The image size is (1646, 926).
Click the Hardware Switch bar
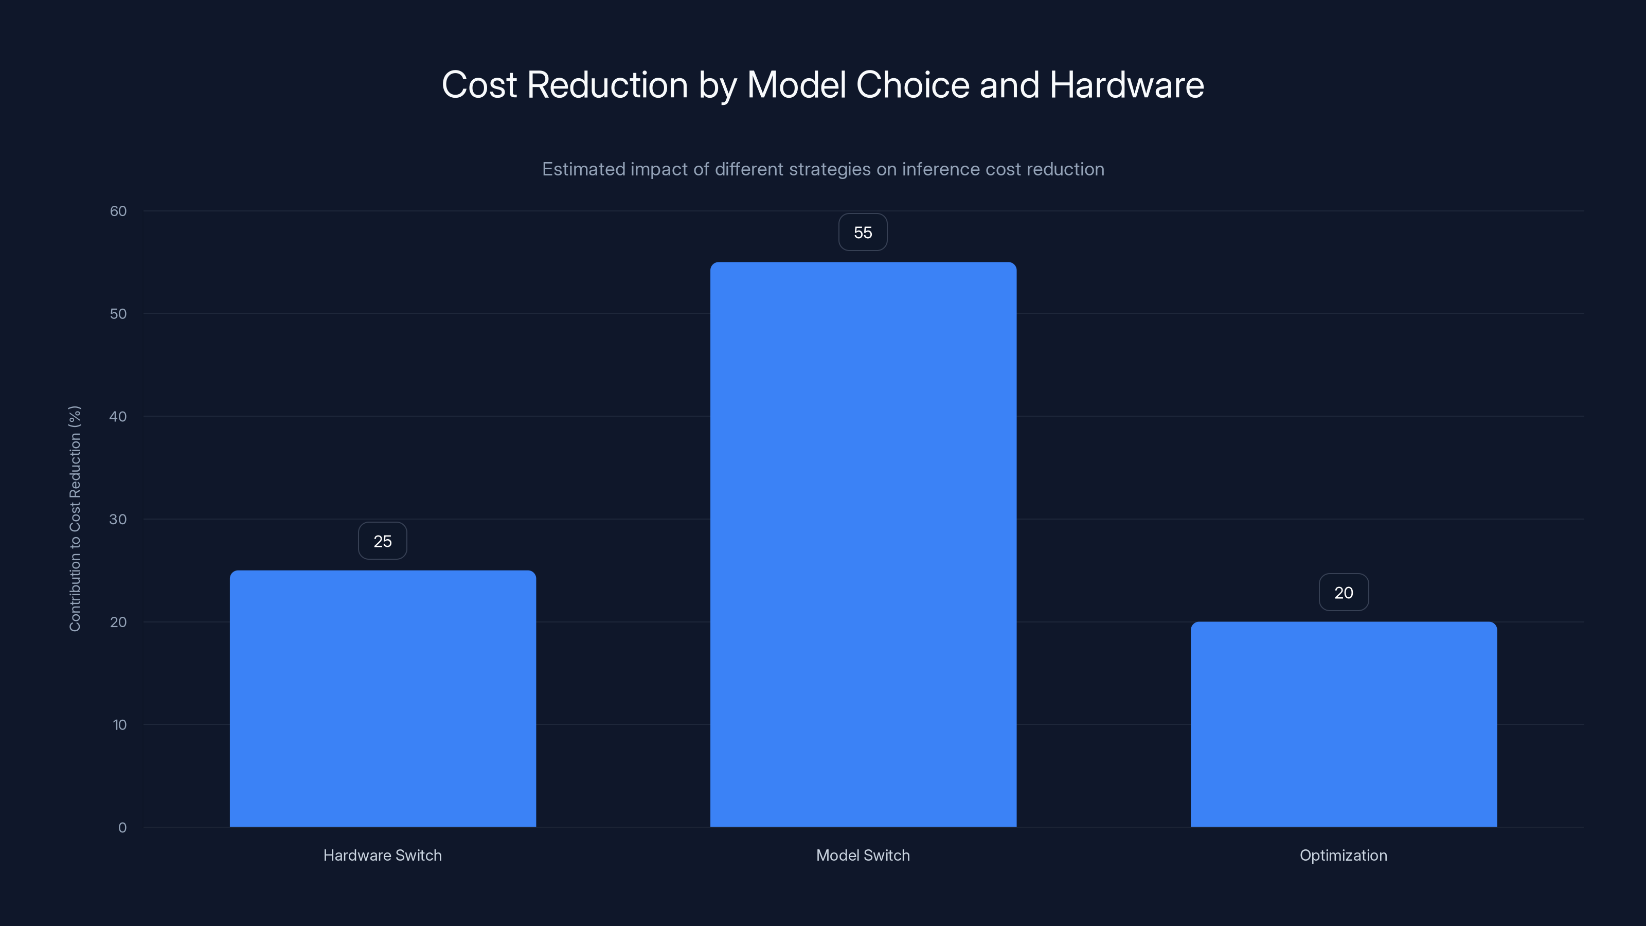[383, 698]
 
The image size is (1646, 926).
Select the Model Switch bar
[863, 544]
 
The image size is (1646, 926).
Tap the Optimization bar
[1343, 723]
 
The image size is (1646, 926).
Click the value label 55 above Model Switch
[863, 233]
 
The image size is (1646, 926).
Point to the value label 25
[382, 541]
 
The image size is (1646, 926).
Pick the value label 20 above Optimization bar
[1343, 593]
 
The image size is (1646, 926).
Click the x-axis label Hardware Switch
[382, 855]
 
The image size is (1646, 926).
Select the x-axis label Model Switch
[863, 855]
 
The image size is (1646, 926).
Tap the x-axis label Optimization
[1343, 855]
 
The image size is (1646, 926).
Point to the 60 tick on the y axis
[118, 211]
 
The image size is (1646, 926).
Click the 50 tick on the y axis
[118, 314]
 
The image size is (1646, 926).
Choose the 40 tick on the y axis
[118, 417]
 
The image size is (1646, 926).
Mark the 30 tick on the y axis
[118, 519]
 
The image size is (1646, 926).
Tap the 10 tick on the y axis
[119, 725]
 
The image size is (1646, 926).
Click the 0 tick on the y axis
[122, 828]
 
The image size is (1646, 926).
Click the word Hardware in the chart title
[1126, 85]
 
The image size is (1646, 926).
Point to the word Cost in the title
[479, 85]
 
